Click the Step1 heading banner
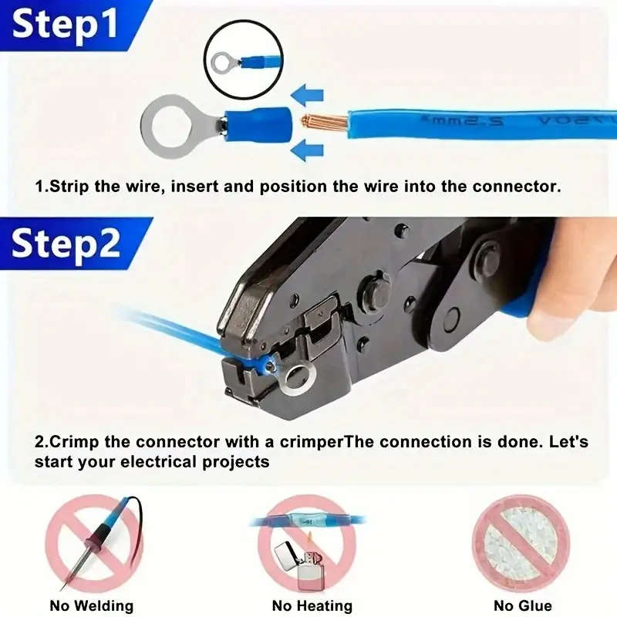coord(66,23)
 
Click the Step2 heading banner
coord(66,243)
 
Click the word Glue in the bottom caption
coord(534,605)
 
